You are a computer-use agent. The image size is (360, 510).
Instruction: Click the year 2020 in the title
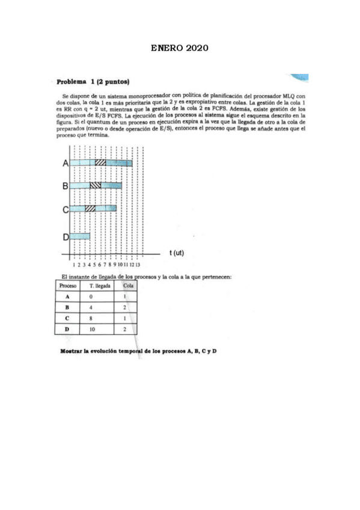coord(197,48)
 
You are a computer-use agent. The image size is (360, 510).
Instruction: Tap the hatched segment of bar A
coord(100,163)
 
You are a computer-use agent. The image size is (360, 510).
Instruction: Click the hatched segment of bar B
coord(95,186)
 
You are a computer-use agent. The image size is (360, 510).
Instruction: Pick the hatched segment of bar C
coord(90,209)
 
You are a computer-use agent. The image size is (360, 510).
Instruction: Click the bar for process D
coord(79,236)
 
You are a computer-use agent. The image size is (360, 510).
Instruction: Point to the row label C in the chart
coord(64,209)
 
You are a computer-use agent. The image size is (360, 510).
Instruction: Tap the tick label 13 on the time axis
coord(138,264)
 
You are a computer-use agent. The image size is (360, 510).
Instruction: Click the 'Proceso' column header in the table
coord(67,285)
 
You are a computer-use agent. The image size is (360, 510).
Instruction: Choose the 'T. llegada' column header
coord(100,285)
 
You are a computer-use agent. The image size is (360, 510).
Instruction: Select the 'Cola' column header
coord(127,285)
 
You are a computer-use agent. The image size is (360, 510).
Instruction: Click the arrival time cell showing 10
coord(91,329)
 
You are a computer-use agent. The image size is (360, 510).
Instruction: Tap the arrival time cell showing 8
coord(91,318)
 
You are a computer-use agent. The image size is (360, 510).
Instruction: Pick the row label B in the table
coord(67,307)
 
